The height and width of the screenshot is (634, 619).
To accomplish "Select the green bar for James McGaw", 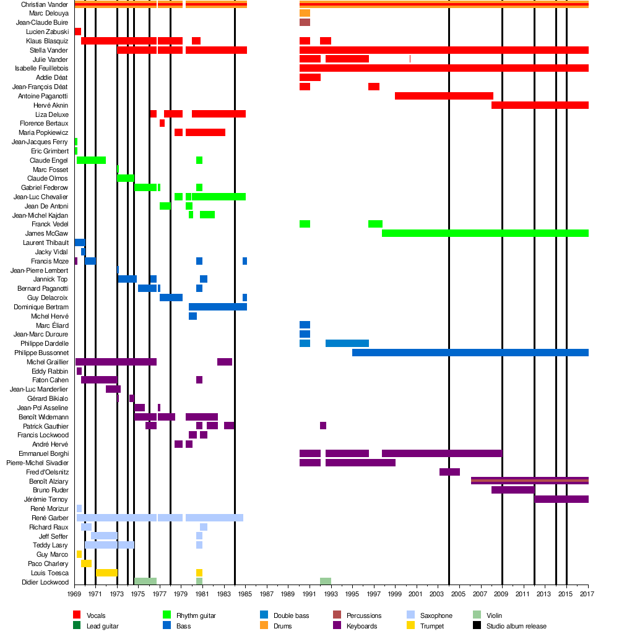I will tap(485, 233).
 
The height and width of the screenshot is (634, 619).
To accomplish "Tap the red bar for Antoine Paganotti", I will tap(444, 96).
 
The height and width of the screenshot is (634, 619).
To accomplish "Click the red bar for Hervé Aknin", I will tap(540, 105).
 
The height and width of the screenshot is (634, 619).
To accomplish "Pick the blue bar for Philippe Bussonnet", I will tap(470, 353).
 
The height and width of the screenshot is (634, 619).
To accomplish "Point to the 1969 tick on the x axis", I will tap(74, 594).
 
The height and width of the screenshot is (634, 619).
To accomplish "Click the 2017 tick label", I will tap(587, 594).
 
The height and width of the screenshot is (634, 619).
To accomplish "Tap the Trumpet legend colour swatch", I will tap(411, 626).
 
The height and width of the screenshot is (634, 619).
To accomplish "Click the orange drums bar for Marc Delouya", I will tap(305, 13).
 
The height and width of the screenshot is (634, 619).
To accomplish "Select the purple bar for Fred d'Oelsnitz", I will tap(449, 472).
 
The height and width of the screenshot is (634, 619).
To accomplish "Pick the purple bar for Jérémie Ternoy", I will tap(561, 499).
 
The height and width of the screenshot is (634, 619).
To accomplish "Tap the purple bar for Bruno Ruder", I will tap(513, 490).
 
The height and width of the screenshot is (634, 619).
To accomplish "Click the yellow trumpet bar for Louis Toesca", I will tap(106, 573).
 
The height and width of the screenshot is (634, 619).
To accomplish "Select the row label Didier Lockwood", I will tap(45, 582).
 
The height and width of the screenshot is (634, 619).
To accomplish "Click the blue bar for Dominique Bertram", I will tap(217, 307).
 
